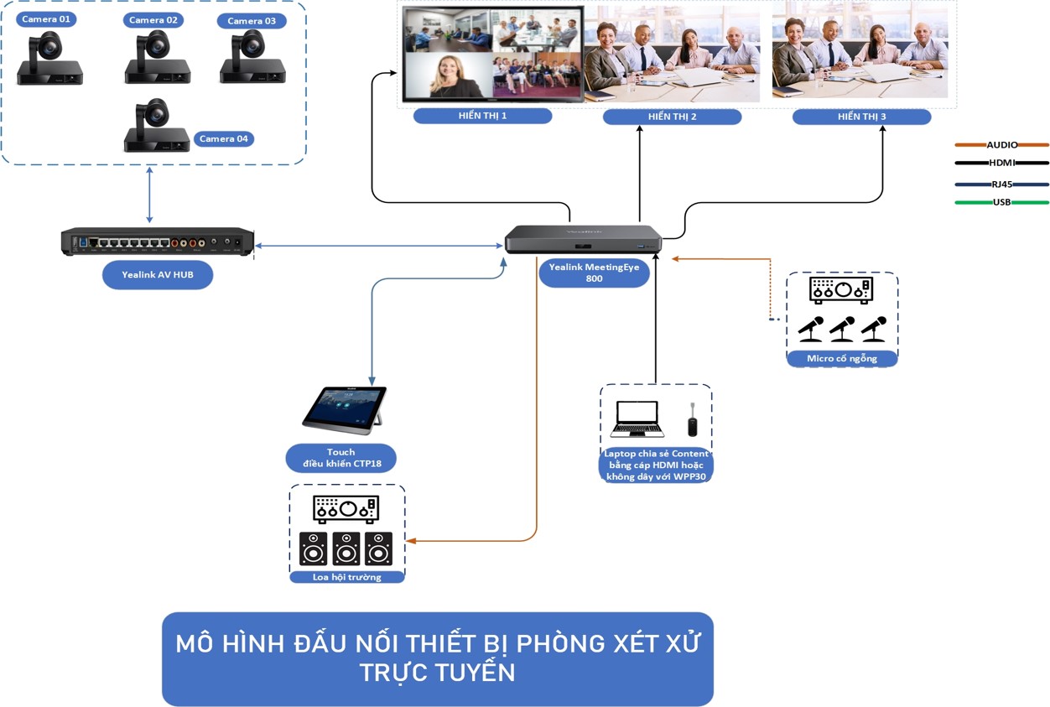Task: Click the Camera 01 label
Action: tap(47, 19)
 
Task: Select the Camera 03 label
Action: tap(252, 21)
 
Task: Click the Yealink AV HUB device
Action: tap(157, 242)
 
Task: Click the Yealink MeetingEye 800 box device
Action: tap(583, 239)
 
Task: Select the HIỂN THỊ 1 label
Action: tap(482, 116)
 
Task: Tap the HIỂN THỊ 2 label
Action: tap(672, 117)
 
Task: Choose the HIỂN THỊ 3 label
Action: tap(861, 117)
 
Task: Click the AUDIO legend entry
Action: tap(1001, 145)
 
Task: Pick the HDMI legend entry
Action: tap(1001, 163)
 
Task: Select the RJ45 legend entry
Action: tap(1001, 185)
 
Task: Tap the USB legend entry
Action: tap(1001, 202)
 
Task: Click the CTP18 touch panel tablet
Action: tap(344, 408)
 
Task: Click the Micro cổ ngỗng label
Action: tap(841, 358)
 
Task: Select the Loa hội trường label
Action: tap(346, 577)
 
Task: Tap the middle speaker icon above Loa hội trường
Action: tap(346, 548)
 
